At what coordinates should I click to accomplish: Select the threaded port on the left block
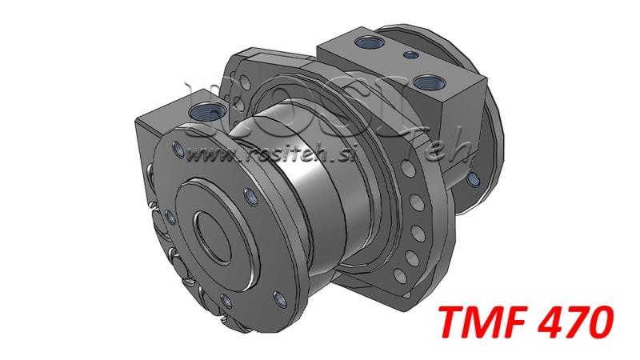click(204, 113)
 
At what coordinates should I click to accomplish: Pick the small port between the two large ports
click(410, 55)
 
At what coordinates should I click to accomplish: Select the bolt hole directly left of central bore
click(170, 216)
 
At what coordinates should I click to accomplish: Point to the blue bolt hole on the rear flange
click(472, 178)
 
